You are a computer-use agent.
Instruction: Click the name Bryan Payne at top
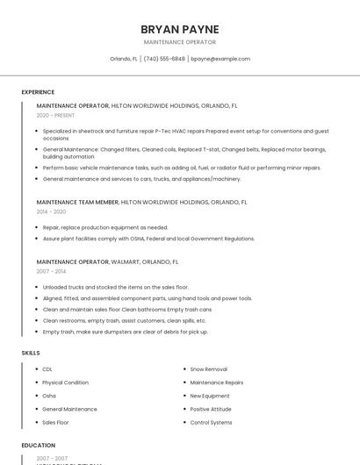click(179, 29)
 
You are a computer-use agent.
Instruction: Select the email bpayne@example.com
click(220, 59)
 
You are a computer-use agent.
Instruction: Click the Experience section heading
click(38, 92)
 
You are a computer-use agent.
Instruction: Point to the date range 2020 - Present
click(55, 116)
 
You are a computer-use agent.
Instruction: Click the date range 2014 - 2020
click(51, 211)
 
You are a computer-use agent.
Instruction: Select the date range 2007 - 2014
click(51, 272)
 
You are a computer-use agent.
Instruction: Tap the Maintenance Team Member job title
click(77, 202)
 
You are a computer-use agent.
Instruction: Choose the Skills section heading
click(31, 353)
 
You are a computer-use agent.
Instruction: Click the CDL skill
click(47, 369)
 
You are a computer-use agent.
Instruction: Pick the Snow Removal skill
click(208, 369)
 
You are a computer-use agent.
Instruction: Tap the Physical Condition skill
click(65, 383)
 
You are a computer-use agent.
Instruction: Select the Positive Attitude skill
click(211, 409)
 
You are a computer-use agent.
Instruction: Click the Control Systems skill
click(211, 422)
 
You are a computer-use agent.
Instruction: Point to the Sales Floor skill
click(55, 422)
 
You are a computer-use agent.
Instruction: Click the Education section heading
click(38, 446)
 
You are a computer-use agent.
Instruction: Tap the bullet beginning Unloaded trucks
click(115, 287)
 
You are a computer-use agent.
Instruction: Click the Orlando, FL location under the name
click(123, 59)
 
